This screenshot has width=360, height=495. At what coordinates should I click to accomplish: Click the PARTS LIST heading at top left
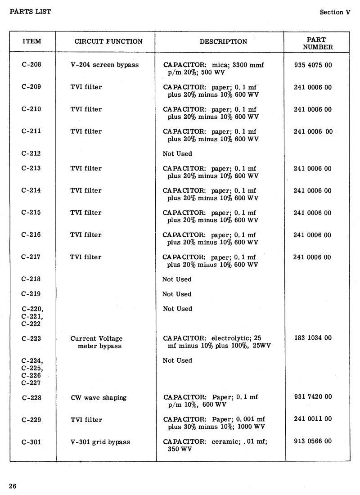coord(30,11)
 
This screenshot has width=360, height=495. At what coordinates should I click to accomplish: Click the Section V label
coord(334,12)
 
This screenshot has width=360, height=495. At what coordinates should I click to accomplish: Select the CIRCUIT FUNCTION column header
coord(108,41)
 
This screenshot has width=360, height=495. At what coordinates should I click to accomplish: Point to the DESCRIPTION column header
coord(223,41)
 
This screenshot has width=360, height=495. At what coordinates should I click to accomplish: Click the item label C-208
coord(31,64)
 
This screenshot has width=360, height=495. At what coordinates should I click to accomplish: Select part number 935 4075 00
coord(312,65)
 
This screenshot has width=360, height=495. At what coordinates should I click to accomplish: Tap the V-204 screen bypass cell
coord(104,65)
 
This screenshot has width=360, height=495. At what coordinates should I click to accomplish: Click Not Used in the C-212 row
coord(177,153)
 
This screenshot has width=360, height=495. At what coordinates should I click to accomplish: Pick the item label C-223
coord(31,338)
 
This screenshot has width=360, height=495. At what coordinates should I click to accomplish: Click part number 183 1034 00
coord(312,337)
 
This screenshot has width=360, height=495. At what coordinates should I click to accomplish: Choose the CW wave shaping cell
coord(99,397)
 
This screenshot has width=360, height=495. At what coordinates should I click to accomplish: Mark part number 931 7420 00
coord(312,396)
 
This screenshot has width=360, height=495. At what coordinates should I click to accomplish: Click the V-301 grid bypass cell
coord(100,442)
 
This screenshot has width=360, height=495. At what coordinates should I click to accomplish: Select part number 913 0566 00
coord(312,441)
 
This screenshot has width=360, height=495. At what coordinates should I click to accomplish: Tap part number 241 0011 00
coord(312,419)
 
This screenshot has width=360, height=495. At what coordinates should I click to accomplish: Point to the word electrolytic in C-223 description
coord(230,338)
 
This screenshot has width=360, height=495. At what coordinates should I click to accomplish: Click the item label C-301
coord(31,442)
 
